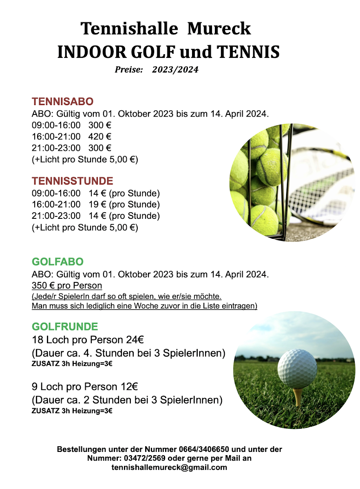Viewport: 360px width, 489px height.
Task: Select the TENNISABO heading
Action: tap(63, 101)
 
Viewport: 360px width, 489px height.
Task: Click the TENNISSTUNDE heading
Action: tap(73, 181)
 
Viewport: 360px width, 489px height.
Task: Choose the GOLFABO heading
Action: tap(57, 262)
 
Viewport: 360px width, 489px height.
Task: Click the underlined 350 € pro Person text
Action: tap(67, 286)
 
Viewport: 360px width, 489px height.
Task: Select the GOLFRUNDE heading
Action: tap(65, 327)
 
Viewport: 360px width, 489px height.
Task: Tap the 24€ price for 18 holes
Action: tap(135, 339)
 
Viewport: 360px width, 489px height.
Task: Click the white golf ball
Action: tap(297, 368)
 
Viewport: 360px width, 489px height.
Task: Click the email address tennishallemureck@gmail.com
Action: tap(169, 467)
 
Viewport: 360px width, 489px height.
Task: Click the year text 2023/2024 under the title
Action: tap(175, 70)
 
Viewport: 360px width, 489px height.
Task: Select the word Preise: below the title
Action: tap(128, 70)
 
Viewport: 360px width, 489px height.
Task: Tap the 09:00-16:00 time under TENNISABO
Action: tap(56, 125)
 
